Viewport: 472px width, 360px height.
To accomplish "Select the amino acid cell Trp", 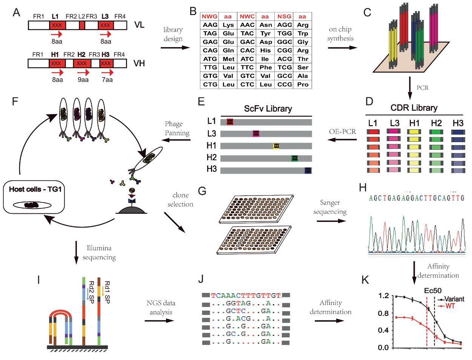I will (x=302, y=34).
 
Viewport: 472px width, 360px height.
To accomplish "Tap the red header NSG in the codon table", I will (x=284, y=17).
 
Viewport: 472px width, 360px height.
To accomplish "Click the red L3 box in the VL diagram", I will (x=106, y=26).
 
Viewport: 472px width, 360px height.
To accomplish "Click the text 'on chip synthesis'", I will (x=340, y=34).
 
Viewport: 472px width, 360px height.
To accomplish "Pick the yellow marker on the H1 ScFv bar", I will (x=276, y=146).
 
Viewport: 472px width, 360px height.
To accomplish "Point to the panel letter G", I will (x=202, y=191).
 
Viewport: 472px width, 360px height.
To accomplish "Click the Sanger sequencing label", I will (x=331, y=208).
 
